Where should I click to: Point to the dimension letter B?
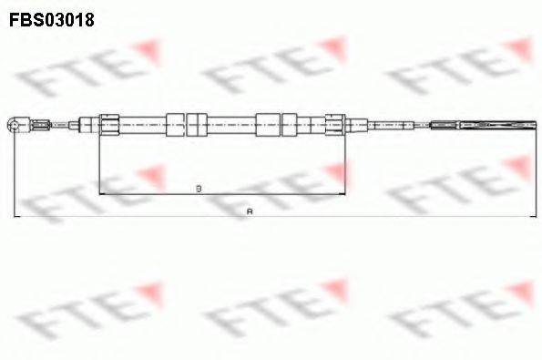click(199, 189)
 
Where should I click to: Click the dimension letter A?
click(250, 211)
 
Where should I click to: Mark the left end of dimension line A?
click(14, 217)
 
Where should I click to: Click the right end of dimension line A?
click(536, 217)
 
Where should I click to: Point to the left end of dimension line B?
click(98, 194)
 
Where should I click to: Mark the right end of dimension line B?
click(347, 194)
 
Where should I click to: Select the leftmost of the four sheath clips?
click(175, 123)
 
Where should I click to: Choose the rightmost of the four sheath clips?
click(291, 123)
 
